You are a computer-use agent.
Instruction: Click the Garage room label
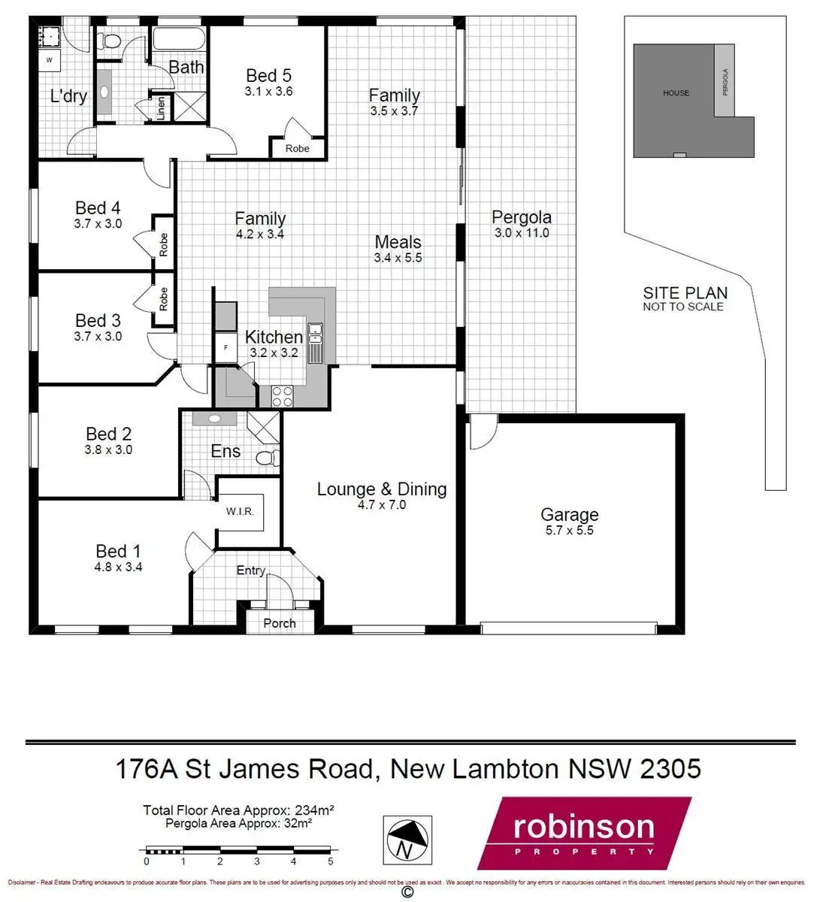coord(569,515)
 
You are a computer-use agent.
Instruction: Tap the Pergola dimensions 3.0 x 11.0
coord(522,233)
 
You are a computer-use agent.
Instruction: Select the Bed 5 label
coord(268,75)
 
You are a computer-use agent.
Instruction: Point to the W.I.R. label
coord(241,512)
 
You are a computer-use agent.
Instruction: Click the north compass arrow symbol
coord(407,838)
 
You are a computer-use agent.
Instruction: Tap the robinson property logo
coord(584,833)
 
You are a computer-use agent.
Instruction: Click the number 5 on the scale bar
coord(331,861)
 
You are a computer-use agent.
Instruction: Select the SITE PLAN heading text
coord(685,293)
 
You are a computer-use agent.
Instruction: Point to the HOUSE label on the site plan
coord(676,93)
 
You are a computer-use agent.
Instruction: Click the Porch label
coord(280,623)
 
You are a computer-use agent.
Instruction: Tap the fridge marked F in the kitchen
coord(225,347)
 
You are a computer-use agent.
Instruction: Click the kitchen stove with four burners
coord(283,396)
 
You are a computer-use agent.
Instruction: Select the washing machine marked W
coord(50,59)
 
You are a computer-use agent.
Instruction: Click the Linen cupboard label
coord(161,108)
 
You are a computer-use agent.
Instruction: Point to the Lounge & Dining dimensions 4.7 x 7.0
coord(382,505)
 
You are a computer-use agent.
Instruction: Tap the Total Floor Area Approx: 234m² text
coord(238,810)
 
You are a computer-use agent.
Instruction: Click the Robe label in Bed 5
coord(298,149)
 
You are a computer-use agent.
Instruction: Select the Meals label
coord(398,242)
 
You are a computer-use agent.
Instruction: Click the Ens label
coord(225,451)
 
